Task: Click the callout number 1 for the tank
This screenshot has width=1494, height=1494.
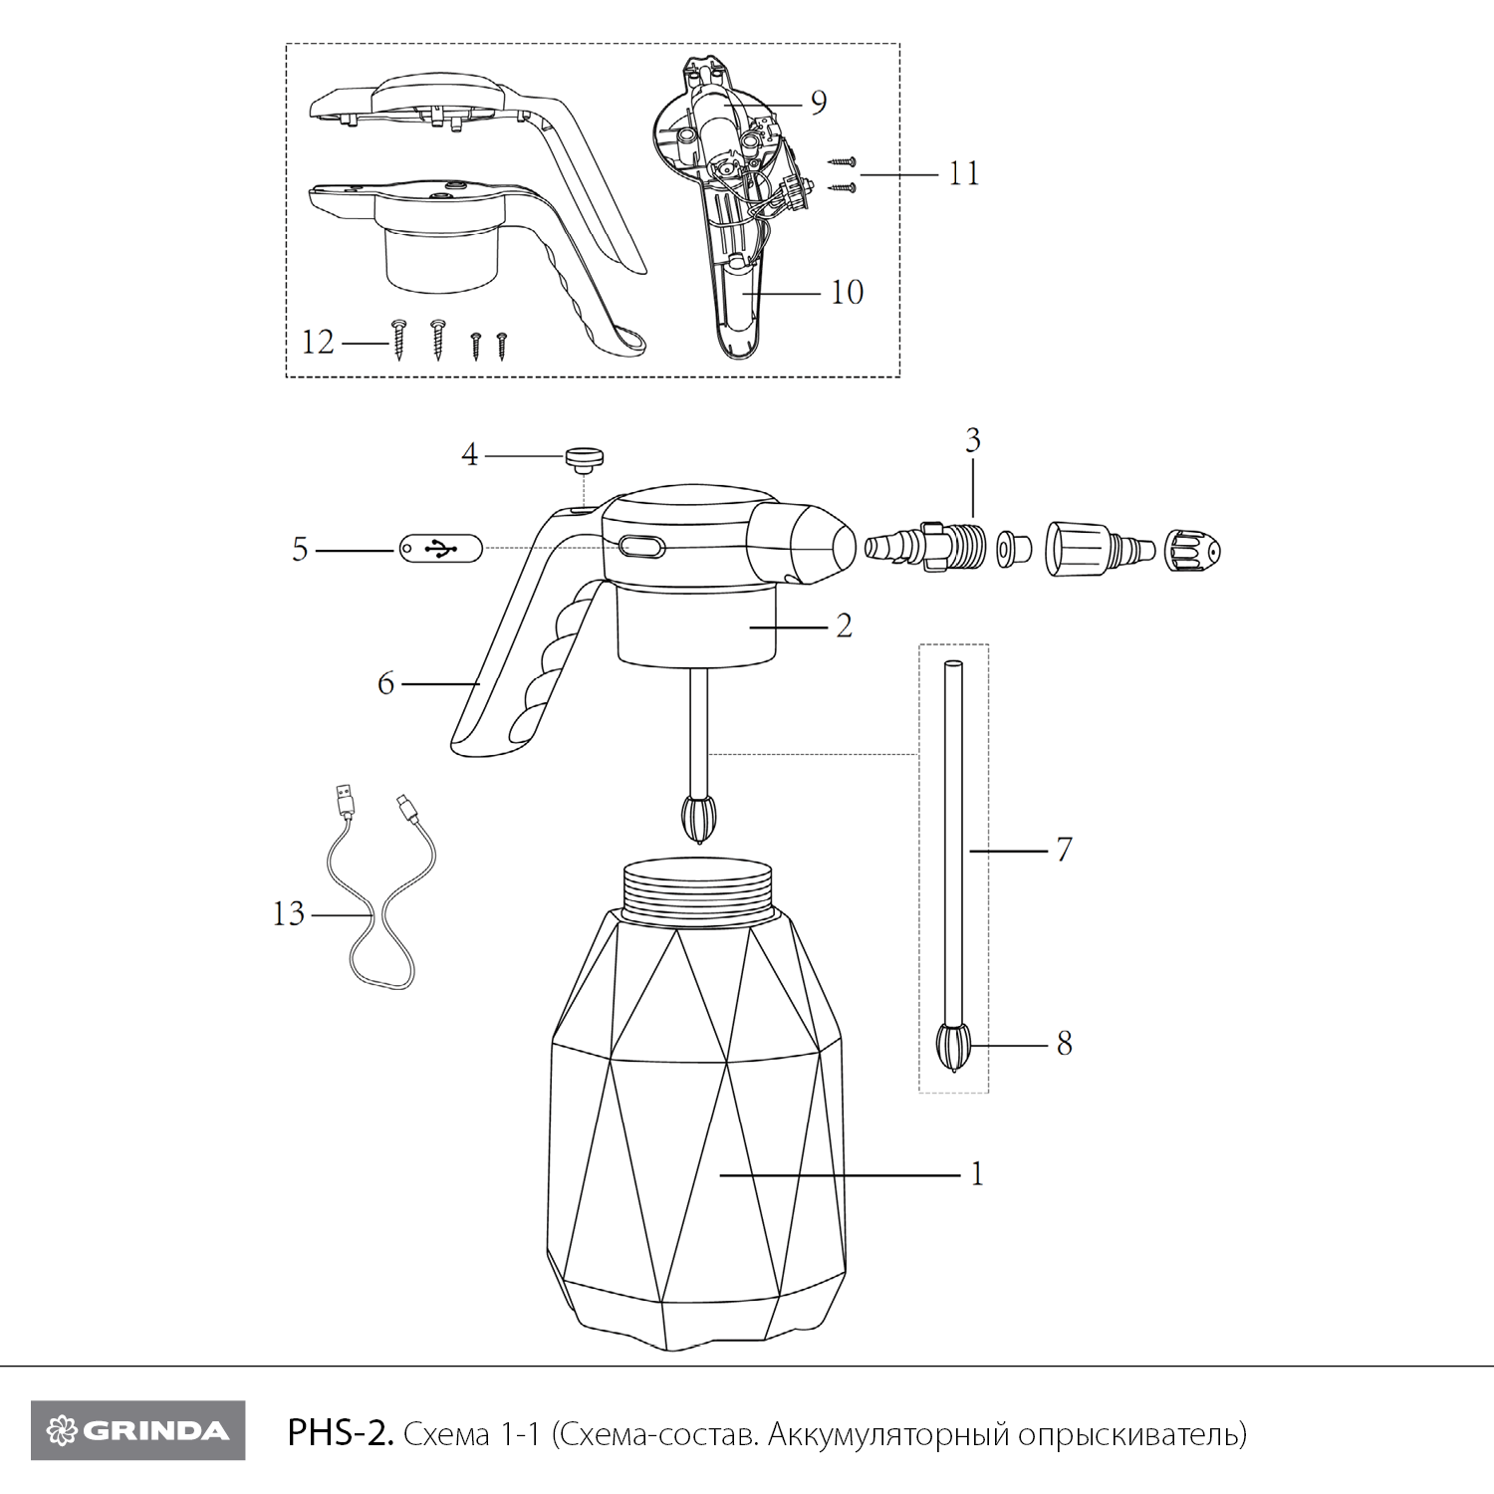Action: pyautogui.click(x=977, y=1174)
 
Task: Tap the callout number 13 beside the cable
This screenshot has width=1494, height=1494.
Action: pyautogui.click(x=289, y=913)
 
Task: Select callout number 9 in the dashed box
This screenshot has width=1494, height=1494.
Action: pyautogui.click(x=818, y=102)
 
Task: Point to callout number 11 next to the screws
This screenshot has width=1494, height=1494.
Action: pyautogui.click(x=963, y=173)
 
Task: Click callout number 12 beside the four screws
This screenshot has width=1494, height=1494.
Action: pyautogui.click(x=318, y=343)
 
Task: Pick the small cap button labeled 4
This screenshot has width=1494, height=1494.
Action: pyautogui.click(x=586, y=459)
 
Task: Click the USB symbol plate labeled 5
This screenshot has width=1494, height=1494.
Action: pyautogui.click(x=440, y=548)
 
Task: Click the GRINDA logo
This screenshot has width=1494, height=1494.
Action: pyautogui.click(x=137, y=1430)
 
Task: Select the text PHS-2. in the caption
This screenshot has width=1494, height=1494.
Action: pyautogui.click(x=342, y=1434)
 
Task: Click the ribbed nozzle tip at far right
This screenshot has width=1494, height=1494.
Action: pyautogui.click(x=1193, y=549)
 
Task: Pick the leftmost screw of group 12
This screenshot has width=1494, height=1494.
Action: pyautogui.click(x=399, y=339)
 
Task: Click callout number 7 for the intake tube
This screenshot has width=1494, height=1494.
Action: pyautogui.click(x=1064, y=850)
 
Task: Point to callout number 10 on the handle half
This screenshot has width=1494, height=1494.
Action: pyautogui.click(x=847, y=292)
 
